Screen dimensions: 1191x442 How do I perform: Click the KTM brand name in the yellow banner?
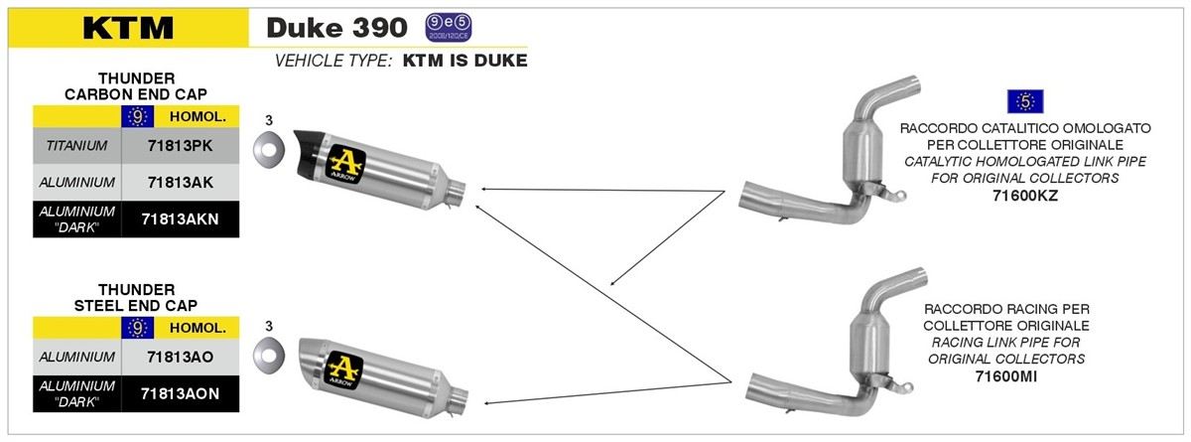pyautogui.click(x=128, y=28)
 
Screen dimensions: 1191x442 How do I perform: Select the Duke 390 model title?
pyautogui.click(x=337, y=28)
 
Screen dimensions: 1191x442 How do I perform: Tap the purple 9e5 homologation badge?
pyautogui.click(x=449, y=28)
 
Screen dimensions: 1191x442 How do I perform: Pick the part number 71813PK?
pyautogui.click(x=181, y=146)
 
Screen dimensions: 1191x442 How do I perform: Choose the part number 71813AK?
pyautogui.click(x=181, y=183)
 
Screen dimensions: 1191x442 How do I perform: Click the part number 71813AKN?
pyautogui.click(x=181, y=220)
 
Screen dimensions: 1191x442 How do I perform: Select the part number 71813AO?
pyautogui.click(x=181, y=357)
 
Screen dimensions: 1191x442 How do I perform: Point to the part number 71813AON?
pyautogui.click(x=181, y=393)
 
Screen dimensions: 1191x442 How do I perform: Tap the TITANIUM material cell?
pyautogui.click(x=76, y=146)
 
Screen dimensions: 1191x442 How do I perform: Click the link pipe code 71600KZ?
pyautogui.click(x=1025, y=196)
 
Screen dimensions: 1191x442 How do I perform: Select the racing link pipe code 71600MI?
pyautogui.click(x=1006, y=376)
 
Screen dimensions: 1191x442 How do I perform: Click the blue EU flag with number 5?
pyautogui.click(x=1025, y=101)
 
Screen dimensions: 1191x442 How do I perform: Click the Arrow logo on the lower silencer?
pyautogui.click(x=344, y=370)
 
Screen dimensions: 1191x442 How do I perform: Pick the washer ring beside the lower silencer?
pyautogui.click(x=269, y=355)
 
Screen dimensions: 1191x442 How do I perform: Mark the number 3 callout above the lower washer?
pyautogui.click(x=269, y=326)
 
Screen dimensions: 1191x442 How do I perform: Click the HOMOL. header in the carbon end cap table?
pyautogui.click(x=198, y=117)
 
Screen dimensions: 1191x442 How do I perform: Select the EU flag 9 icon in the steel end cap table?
pyautogui.click(x=138, y=328)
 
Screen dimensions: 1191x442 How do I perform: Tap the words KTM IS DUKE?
pyautogui.click(x=465, y=61)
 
